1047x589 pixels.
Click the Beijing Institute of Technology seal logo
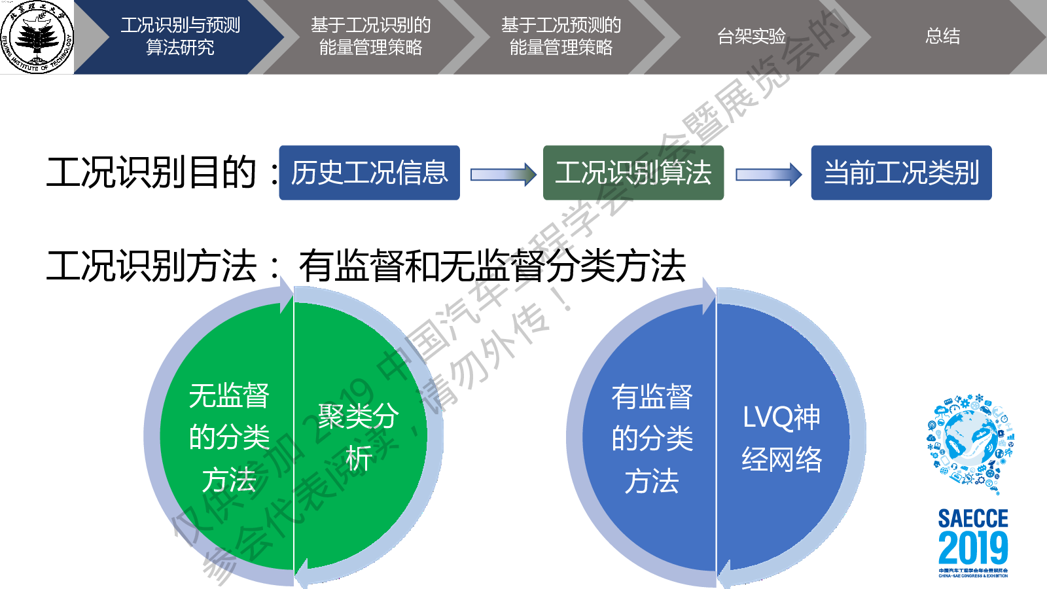37,37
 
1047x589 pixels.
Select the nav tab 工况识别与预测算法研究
180,36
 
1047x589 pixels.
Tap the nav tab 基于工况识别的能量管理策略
370,36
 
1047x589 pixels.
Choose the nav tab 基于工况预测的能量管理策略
561,36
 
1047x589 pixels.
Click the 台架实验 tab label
751,36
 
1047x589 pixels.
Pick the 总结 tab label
942,36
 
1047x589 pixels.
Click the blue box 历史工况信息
369,173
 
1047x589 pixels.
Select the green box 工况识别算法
633,173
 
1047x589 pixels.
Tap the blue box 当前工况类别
901,173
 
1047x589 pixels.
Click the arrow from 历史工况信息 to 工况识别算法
503,174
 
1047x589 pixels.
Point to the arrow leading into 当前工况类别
768,174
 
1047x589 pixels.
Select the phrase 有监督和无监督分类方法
492,266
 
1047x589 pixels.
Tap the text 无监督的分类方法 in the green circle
229,437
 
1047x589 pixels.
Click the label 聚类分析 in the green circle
358,437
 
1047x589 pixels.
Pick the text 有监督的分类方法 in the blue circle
652,438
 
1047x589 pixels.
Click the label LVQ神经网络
781,438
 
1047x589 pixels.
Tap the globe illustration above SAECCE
970,440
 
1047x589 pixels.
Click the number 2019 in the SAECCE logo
973,548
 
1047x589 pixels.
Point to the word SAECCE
973,518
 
